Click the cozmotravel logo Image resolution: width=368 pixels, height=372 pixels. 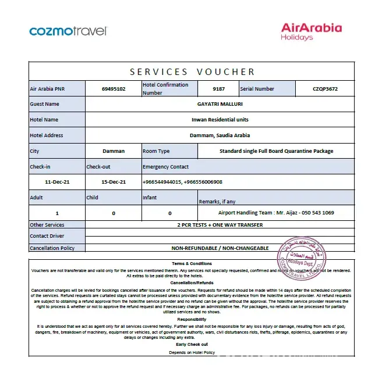pyautogui.click(x=68, y=31)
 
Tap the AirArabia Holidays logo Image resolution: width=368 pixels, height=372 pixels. pyautogui.click(x=311, y=31)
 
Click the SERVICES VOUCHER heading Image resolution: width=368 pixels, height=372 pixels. pyautogui.click(x=192, y=72)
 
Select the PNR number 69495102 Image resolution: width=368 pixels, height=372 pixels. pyautogui.click(x=114, y=89)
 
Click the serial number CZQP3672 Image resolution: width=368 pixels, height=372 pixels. pyautogui.click(x=325, y=89)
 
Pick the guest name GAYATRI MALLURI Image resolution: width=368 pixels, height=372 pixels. pyautogui.click(x=220, y=104)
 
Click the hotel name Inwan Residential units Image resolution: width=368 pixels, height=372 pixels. pyautogui.click(x=220, y=120)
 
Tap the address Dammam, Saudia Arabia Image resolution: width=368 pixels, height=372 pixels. pyautogui.click(x=220, y=135)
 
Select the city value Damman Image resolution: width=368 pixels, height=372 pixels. pyautogui.click(x=114, y=151)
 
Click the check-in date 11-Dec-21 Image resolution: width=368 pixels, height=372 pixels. pyautogui.click(x=57, y=182)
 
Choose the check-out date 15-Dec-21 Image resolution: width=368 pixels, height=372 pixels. pyautogui.click(x=114, y=182)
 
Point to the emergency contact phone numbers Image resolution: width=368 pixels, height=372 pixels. pyautogui.click(x=182, y=182)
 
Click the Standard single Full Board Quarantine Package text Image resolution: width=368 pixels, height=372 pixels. pyautogui.click(x=276, y=151)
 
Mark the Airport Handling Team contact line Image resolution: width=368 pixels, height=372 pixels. pyautogui.click(x=276, y=213)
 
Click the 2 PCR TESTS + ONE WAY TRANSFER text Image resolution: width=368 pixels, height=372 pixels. pyautogui.click(x=220, y=225)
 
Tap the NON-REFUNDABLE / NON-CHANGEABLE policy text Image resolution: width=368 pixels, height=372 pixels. pyautogui.click(x=220, y=248)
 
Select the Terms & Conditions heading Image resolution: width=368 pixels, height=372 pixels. pyautogui.click(x=192, y=264)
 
